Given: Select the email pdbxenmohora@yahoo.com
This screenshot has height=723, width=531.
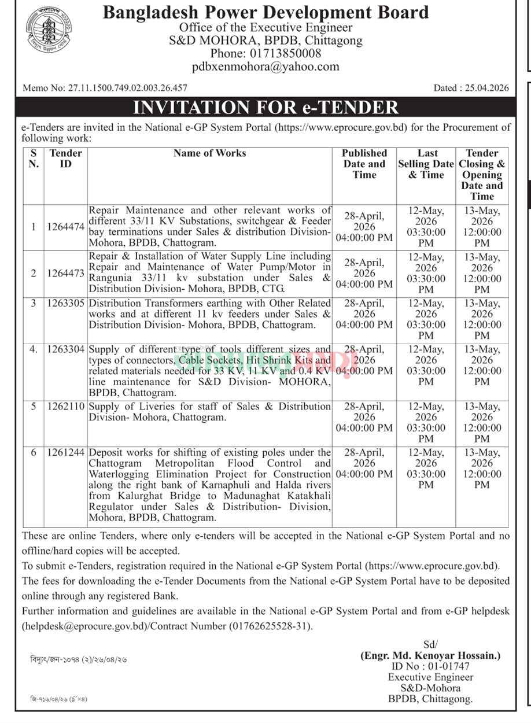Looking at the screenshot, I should [x=265, y=67].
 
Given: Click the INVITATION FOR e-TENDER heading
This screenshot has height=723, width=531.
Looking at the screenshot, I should [x=265, y=108].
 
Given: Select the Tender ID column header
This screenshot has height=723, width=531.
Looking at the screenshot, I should [x=66, y=158].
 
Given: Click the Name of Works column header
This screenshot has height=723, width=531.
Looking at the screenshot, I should [x=209, y=153].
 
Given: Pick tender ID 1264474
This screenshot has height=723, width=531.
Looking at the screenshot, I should [x=67, y=227].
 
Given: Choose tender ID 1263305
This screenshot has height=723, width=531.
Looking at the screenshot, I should [x=67, y=303].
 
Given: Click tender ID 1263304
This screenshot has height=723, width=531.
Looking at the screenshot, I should [x=67, y=349].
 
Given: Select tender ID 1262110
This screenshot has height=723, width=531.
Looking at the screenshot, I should [x=67, y=407].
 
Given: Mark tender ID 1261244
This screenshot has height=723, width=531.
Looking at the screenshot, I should [x=67, y=452].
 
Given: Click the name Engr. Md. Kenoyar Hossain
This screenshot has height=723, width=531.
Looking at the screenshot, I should [x=430, y=656].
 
